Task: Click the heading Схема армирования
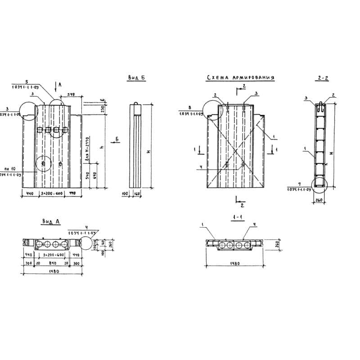click(x=240, y=78)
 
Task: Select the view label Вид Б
click(x=136, y=78)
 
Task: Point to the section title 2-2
click(x=323, y=78)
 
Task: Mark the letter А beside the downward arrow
click(x=60, y=85)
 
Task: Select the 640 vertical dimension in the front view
click(x=94, y=175)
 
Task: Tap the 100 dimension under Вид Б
click(x=126, y=193)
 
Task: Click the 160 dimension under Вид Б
click(x=136, y=193)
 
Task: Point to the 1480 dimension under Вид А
click(x=52, y=271)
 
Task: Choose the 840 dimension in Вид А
click(x=53, y=263)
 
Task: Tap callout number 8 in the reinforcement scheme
click(x=190, y=108)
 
